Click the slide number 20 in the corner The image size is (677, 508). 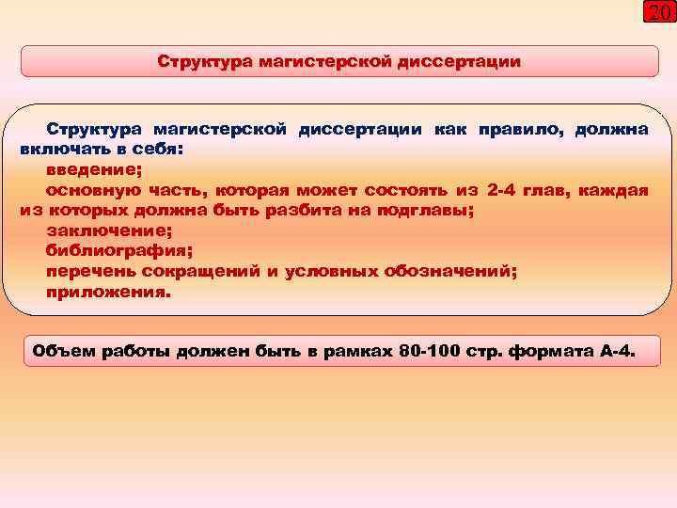click(x=657, y=13)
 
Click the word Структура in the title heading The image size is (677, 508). click(x=197, y=62)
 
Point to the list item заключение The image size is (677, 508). click(x=102, y=230)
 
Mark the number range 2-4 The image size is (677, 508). click(x=507, y=190)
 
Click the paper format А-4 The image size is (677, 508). click(x=614, y=353)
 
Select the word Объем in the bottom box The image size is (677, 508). click(x=62, y=353)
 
